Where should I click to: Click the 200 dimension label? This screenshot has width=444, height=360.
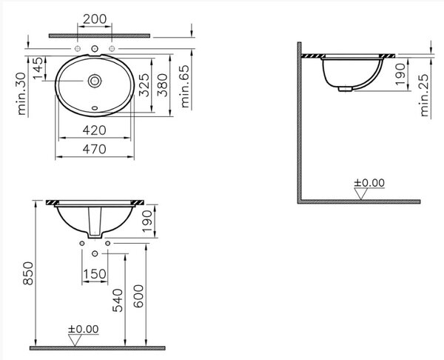tap(95, 19)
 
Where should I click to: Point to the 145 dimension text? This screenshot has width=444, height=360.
tap(38, 69)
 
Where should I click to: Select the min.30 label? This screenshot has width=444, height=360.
tap(21, 94)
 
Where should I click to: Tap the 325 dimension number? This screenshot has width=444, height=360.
tap(144, 85)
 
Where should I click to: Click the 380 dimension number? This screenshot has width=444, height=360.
tap(162, 85)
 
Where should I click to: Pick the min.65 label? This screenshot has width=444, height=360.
tap(184, 87)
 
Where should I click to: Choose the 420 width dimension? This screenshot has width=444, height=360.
tap(95, 130)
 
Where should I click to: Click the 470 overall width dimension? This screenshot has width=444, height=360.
tap(95, 149)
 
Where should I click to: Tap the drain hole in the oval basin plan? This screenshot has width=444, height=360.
tap(95, 81)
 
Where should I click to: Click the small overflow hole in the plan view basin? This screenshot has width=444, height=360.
tap(95, 108)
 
